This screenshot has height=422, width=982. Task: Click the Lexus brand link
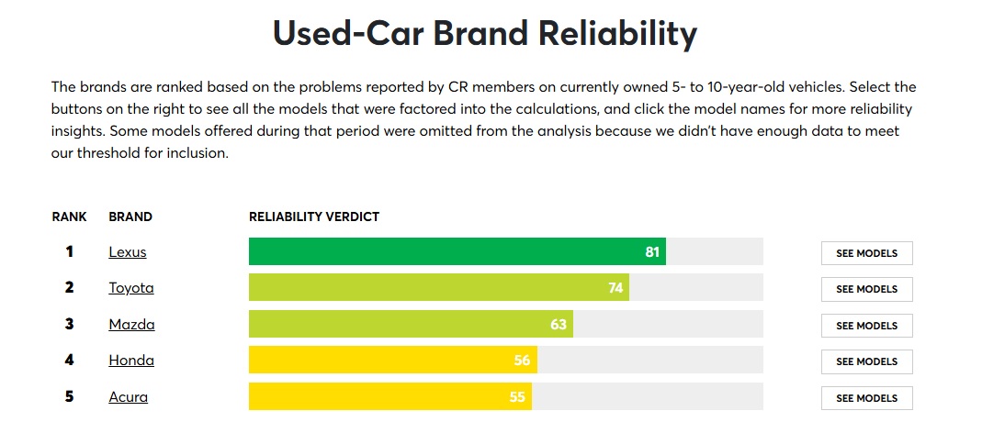(127, 252)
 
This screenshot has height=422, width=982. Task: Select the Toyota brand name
(130, 288)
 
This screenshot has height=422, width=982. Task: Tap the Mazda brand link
(131, 325)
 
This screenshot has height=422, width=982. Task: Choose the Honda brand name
(130, 361)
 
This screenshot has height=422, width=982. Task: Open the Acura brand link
(128, 397)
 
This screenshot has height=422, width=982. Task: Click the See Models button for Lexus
(866, 253)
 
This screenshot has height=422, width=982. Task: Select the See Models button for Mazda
(866, 326)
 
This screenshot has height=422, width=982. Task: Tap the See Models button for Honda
(866, 361)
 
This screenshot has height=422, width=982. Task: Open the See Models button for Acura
(866, 398)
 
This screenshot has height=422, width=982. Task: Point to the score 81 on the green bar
(652, 252)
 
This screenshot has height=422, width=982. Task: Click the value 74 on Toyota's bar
(615, 288)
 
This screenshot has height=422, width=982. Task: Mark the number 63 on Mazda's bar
(559, 325)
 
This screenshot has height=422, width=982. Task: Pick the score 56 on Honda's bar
(523, 361)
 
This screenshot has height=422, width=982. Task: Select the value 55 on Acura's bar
(517, 397)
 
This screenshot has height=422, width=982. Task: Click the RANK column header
(69, 217)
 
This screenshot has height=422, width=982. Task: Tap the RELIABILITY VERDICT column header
(314, 217)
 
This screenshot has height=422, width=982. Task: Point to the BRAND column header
(130, 217)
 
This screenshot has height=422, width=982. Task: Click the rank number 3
(69, 325)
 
